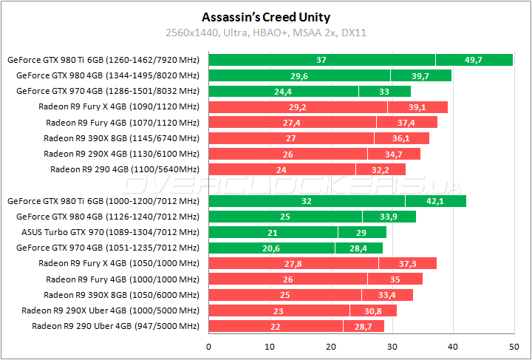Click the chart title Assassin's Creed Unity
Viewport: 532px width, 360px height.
(x=266, y=17)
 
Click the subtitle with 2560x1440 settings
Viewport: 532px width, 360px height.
(x=266, y=33)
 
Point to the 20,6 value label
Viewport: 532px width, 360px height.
(x=271, y=248)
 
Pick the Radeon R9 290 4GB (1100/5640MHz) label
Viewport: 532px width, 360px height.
(x=124, y=169)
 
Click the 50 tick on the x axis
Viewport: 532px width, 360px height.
(x=514, y=346)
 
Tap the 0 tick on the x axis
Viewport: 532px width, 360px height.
(x=209, y=346)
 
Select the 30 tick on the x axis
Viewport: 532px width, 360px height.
(x=392, y=346)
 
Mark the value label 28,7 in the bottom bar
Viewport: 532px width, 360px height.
(x=363, y=326)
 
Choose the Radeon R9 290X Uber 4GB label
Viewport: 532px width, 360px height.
(x=110, y=310)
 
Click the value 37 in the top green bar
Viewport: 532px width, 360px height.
(x=321, y=60)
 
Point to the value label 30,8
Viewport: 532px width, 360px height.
(x=372, y=310)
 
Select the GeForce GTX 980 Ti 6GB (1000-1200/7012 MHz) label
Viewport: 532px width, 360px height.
(x=103, y=201)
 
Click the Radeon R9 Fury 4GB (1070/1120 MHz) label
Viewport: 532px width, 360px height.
(x=123, y=122)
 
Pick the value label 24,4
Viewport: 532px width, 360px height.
(x=283, y=91)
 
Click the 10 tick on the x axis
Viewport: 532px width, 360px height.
(x=270, y=346)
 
